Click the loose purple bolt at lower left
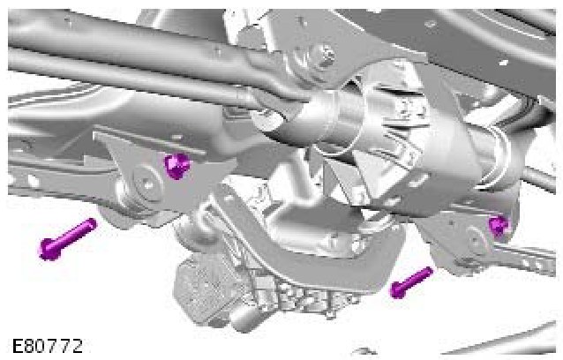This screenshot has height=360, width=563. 67,239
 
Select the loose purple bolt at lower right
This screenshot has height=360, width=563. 410,283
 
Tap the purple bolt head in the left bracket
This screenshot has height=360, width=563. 176,166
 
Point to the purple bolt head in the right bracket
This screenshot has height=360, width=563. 499,225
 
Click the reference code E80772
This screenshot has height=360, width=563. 47,347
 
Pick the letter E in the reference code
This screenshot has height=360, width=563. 18,347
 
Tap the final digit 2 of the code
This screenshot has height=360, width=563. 77,347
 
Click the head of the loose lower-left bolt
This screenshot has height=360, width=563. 49,249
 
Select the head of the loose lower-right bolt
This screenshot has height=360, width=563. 397,290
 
